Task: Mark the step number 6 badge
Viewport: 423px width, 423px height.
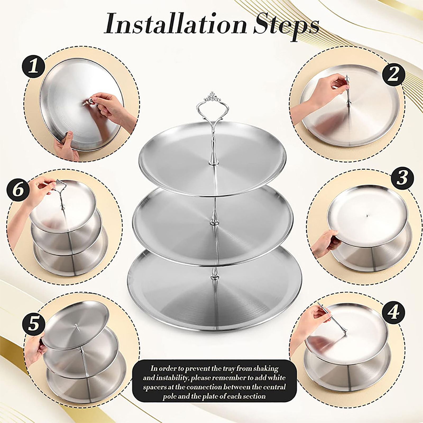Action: pyautogui.click(x=18, y=190)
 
